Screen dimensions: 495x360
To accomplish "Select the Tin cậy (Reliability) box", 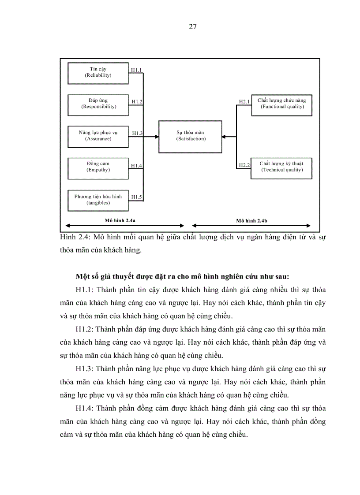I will pyautogui.click(x=98, y=73).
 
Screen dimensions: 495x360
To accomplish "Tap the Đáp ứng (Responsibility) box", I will pyautogui.click(x=98, y=104).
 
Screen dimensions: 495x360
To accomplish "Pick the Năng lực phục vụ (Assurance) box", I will pyautogui.click(x=98, y=136).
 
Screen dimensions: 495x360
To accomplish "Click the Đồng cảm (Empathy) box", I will pyautogui.click(x=98, y=167).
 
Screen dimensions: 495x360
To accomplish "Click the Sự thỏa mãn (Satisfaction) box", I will pyautogui.click(x=191, y=136).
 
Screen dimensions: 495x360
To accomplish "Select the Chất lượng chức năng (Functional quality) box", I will pyautogui.click(x=281, y=104).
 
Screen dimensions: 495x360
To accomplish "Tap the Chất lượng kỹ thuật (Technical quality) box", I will pyautogui.click(x=281, y=168).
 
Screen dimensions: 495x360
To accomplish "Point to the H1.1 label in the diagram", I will pyautogui.click(x=136, y=70).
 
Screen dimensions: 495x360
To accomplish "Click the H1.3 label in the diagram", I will pyautogui.click(x=137, y=133).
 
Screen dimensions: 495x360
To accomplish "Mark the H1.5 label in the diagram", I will pyautogui.click(x=136, y=197).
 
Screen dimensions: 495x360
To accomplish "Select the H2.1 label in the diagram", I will pyautogui.click(x=244, y=102).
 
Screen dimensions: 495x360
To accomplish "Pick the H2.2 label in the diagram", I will pyautogui.click(x=244, y=165).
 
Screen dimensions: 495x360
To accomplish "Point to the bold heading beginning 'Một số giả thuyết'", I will pyautogui.click(x=182, y=277).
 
